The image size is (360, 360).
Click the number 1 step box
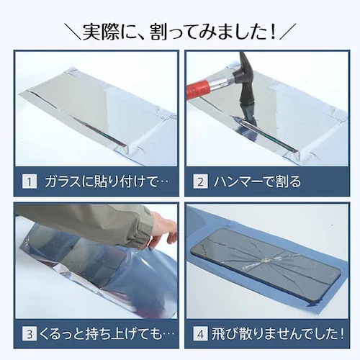[29, 181]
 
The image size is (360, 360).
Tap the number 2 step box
[202, 181]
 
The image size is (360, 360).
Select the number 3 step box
[29, 334]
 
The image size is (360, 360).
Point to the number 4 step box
[202, 334]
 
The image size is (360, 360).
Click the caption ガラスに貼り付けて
[101, 181]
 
